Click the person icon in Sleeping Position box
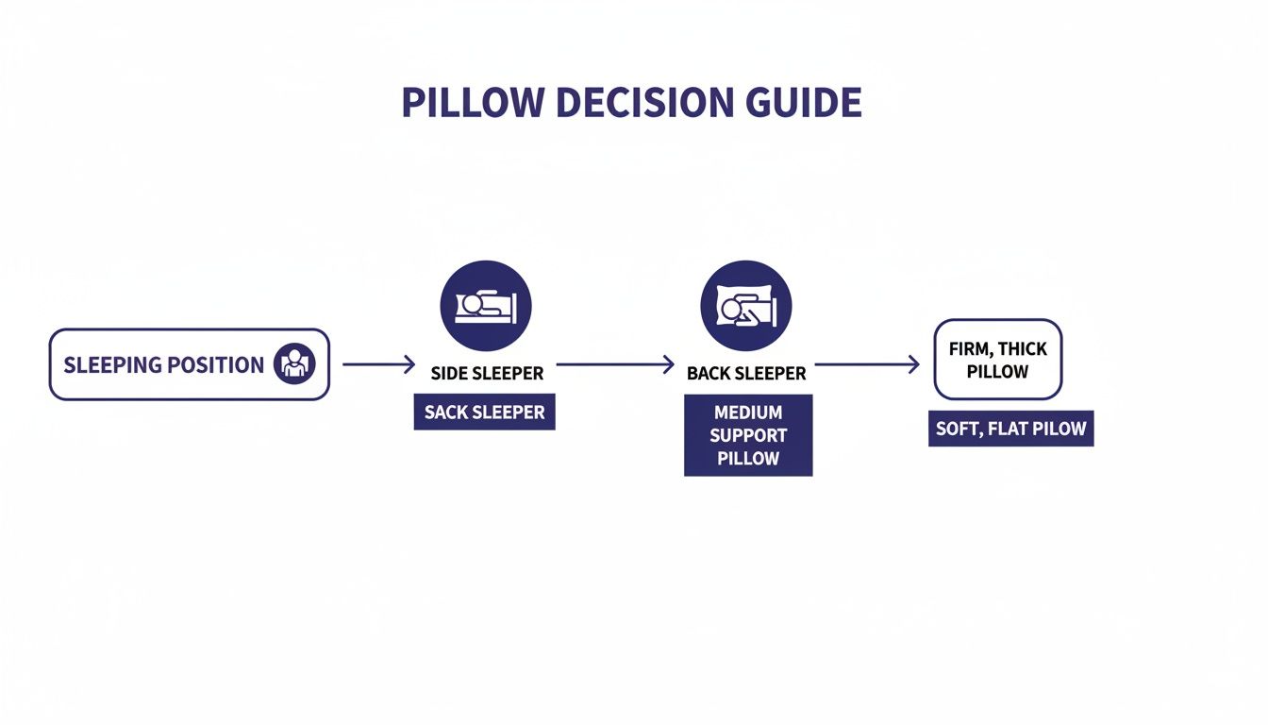tap(293, 364)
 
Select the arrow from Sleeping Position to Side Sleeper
tap(378, 364)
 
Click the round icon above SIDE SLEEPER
tap(486, 307)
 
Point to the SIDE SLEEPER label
tap(487, 374)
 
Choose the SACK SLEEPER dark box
tap(484, 413)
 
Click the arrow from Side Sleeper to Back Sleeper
tap(615, 364)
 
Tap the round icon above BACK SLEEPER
tap(745, 307)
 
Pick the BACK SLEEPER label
tap(746, 374)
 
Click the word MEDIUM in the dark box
tap(748, 413)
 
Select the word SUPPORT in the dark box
tap(748, 436)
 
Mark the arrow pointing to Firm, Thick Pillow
tap(866, 364)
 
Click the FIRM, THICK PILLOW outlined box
tap(997, 360)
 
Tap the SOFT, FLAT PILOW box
tap(1010, 429)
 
